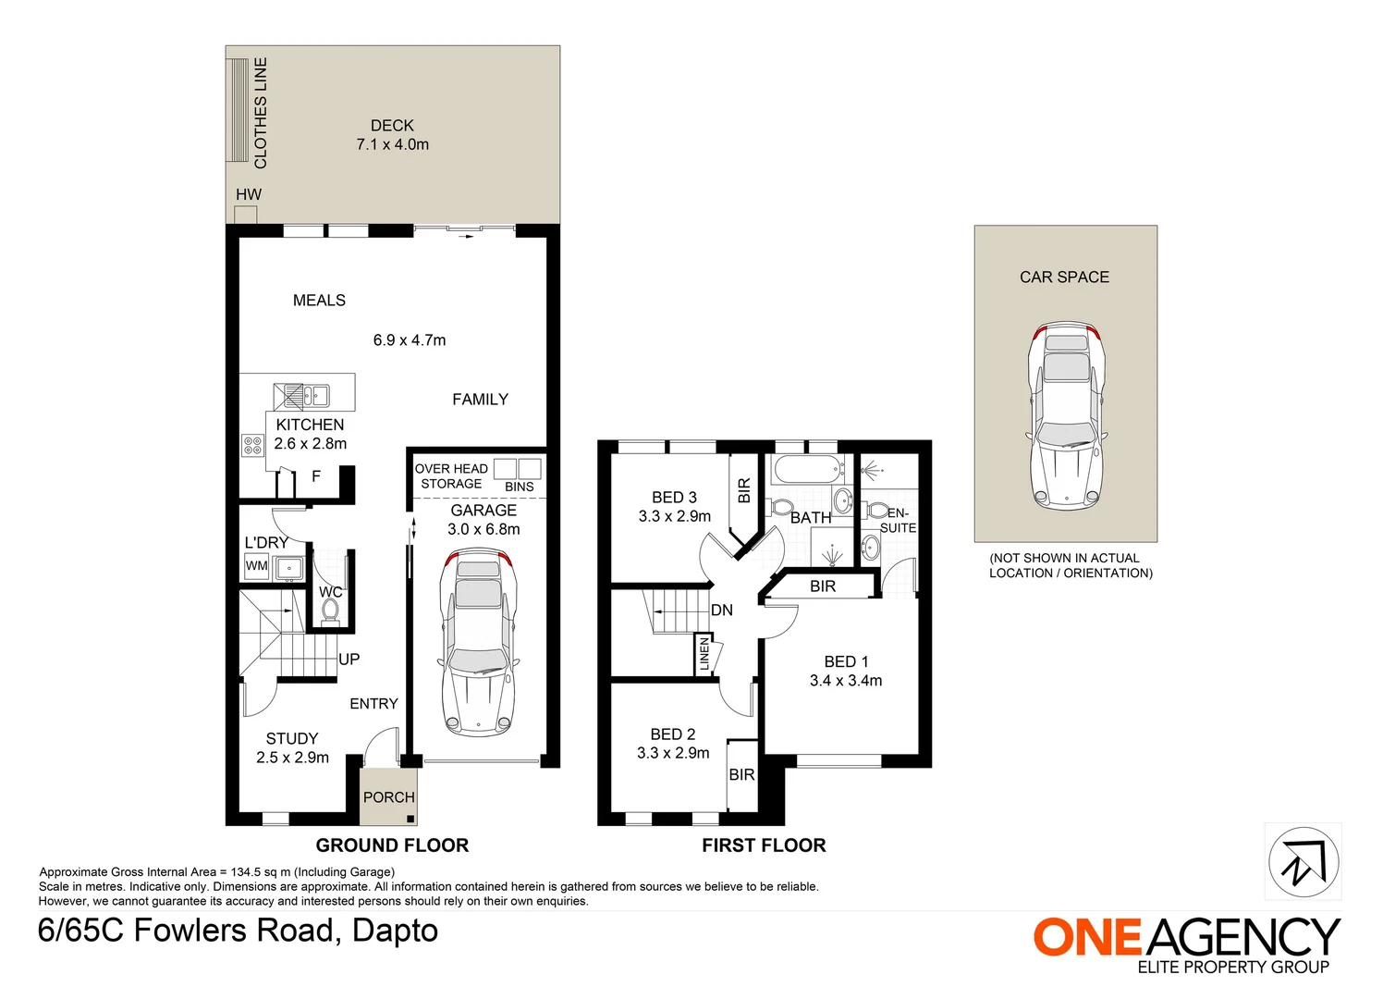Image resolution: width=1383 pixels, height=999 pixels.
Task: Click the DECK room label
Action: point(392,126)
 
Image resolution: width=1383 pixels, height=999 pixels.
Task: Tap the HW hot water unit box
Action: point(245,215)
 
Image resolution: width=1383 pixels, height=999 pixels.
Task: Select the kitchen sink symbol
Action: point(302,396)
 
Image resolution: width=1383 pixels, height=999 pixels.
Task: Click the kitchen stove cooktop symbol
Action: point(253,445)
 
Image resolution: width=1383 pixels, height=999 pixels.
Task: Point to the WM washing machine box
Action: point(256,566)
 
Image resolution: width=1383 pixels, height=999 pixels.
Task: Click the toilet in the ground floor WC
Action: point(330,610)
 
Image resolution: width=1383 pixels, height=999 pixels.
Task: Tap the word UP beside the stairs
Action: point(349,660)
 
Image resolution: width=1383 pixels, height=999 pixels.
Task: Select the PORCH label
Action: point(388,797)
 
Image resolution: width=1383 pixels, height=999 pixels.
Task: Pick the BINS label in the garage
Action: point(520,487)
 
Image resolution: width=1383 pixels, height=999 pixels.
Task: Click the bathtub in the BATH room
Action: point(808,470)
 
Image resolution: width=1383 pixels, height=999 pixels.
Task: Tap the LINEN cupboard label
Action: point(704,654)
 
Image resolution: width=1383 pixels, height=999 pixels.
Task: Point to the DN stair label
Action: point(722,610)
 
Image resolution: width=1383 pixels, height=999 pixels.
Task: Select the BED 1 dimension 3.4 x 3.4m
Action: point(846,680)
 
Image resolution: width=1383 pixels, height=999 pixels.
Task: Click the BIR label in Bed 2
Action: point(741,774)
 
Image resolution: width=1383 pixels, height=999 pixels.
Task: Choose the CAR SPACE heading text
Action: point(1064,277)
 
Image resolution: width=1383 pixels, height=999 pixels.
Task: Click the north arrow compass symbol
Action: point(1303,862)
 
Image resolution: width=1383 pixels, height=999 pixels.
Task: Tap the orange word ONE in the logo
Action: point(1086,937)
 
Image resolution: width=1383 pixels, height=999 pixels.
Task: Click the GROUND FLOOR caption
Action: point(392,845)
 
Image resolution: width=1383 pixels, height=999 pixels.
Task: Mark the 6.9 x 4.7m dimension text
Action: point(410,339)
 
